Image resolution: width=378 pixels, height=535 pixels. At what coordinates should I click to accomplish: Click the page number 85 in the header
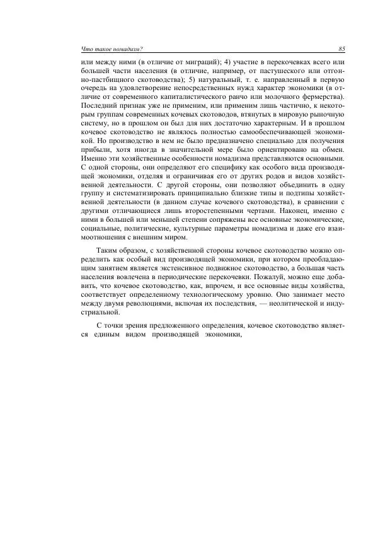[340, 49]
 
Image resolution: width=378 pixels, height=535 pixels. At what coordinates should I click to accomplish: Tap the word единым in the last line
[110, 335]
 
